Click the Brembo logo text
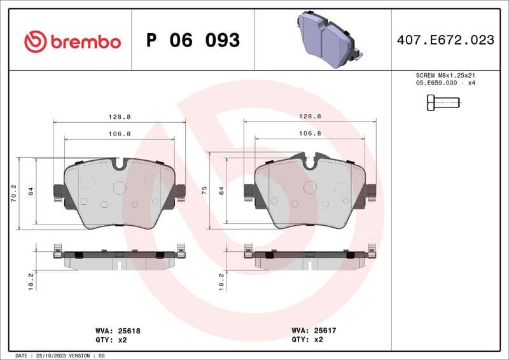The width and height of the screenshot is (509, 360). pyautogui.click(x=85, y=42)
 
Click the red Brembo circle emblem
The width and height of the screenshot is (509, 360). pyautogui.click(x=35, y=42)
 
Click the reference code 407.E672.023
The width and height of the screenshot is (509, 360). pyautogui.click(x=445, y=40)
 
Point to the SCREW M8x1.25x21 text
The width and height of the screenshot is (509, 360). pyautogui.click(x=445, y=74)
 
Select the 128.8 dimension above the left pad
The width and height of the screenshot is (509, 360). pyautogui.click(x=119, y=116)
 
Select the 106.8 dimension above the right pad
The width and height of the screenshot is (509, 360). pyautogui.click(x=310, y=134)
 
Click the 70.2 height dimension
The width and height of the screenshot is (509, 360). pyautogui.click(x=13, y=193)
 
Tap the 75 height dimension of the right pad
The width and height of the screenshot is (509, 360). pyautogui.click(x=204, y=189)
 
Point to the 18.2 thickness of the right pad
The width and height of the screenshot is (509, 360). pyautogui.click(x=221, y=280)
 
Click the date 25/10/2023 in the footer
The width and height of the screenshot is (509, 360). pyautogui.click(x=50, y=355)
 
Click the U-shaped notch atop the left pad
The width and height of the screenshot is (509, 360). pyautogui.click(x=119, y=163)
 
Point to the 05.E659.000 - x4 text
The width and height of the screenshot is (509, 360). pyautogui.click(x=445, y=83)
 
